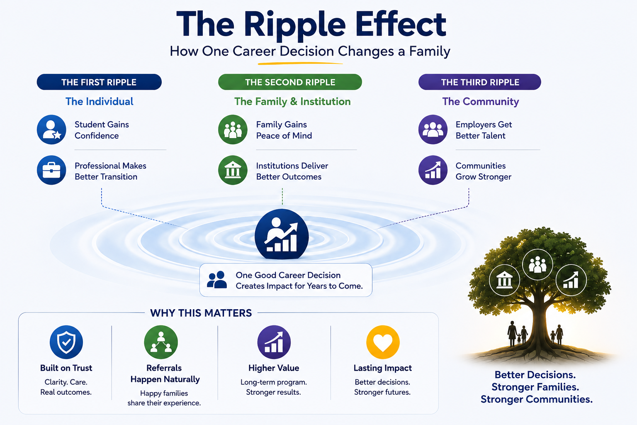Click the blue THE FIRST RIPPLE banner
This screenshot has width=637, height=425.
(x=99, y=82)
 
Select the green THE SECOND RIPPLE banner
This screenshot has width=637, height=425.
(x=290, y=82)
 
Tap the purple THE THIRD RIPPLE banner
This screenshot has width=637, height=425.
(x=480, y=82)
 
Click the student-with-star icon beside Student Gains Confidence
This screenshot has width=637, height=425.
(x=51, y=129)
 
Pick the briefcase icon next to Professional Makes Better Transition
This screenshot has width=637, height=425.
(x=51, y=170)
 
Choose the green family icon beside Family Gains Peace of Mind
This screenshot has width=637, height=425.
(x=233, y=129)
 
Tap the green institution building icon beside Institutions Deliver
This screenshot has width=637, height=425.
(x=233, y=170)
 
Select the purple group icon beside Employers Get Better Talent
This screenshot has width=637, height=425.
(x=433, y=129)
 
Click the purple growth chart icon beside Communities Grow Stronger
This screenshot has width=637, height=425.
(x=433, y=170)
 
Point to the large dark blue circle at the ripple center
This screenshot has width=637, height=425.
(x=282, y=234)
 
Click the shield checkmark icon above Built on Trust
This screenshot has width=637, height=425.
(x=66, y=342)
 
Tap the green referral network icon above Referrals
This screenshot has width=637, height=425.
(x=161, y=342)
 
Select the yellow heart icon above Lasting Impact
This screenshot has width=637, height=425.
(x=383, y=342)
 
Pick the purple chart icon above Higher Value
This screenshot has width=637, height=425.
(x=274, y=342)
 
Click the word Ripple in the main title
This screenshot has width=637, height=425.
(x=294, y=26)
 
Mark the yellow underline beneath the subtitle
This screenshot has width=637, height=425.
(x=300, y=63)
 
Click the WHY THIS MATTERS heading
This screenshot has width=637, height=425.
(x=201, y=313)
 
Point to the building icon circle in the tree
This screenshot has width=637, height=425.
(x=504, y=280)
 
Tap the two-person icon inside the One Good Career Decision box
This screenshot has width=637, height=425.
(x=217, y=280)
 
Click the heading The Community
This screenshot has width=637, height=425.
(x=480, y=102)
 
